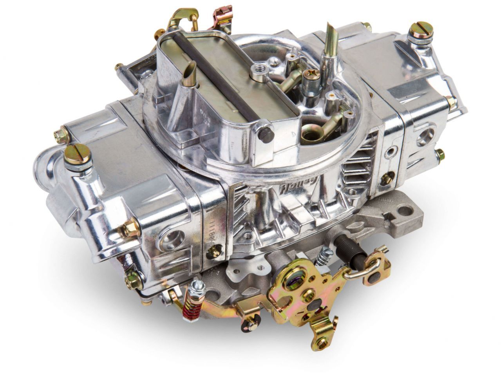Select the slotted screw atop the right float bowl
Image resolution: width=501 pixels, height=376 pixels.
point(417,32)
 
